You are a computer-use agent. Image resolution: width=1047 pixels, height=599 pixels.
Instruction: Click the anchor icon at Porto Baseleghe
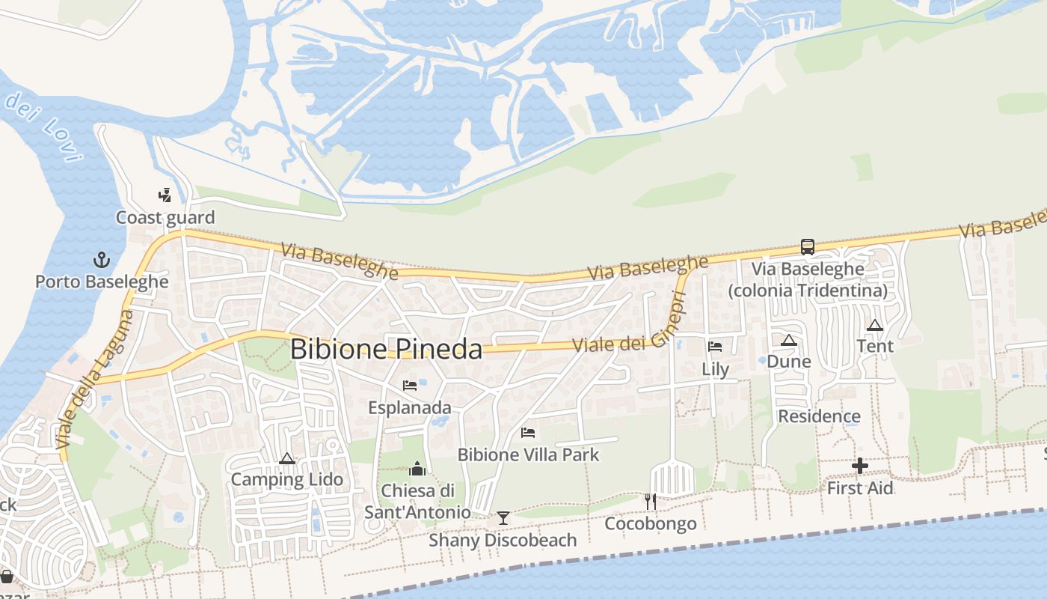101,260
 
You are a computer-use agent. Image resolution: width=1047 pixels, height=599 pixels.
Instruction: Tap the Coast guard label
165,218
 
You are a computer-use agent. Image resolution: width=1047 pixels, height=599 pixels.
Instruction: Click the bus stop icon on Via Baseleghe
808,246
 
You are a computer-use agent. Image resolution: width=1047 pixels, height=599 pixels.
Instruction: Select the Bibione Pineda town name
386,349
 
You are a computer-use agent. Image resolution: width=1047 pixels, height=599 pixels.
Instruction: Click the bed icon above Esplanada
410,386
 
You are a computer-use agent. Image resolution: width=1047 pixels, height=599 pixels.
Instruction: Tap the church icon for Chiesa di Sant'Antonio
417,469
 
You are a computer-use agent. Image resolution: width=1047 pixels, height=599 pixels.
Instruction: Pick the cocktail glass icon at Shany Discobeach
503,517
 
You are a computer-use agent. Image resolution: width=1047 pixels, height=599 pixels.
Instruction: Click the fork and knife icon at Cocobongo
651,501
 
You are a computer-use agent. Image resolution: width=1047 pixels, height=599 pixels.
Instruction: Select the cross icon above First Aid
860,466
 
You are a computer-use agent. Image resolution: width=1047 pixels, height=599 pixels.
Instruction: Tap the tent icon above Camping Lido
286,458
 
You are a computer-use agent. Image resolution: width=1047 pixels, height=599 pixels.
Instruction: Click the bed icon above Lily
715,347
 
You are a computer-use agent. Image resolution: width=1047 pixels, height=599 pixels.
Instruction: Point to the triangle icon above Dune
788,341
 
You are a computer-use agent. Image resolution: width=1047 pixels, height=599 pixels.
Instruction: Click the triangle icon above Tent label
875,325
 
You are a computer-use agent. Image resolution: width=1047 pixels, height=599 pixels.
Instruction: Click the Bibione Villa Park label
528,454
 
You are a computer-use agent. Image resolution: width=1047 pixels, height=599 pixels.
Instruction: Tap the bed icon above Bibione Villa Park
528,433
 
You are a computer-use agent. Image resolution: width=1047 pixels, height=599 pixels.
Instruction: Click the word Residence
819,416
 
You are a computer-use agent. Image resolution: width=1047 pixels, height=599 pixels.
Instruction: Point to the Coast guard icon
165,195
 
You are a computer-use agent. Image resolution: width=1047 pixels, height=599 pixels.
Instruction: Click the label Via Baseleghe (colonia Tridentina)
808,279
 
